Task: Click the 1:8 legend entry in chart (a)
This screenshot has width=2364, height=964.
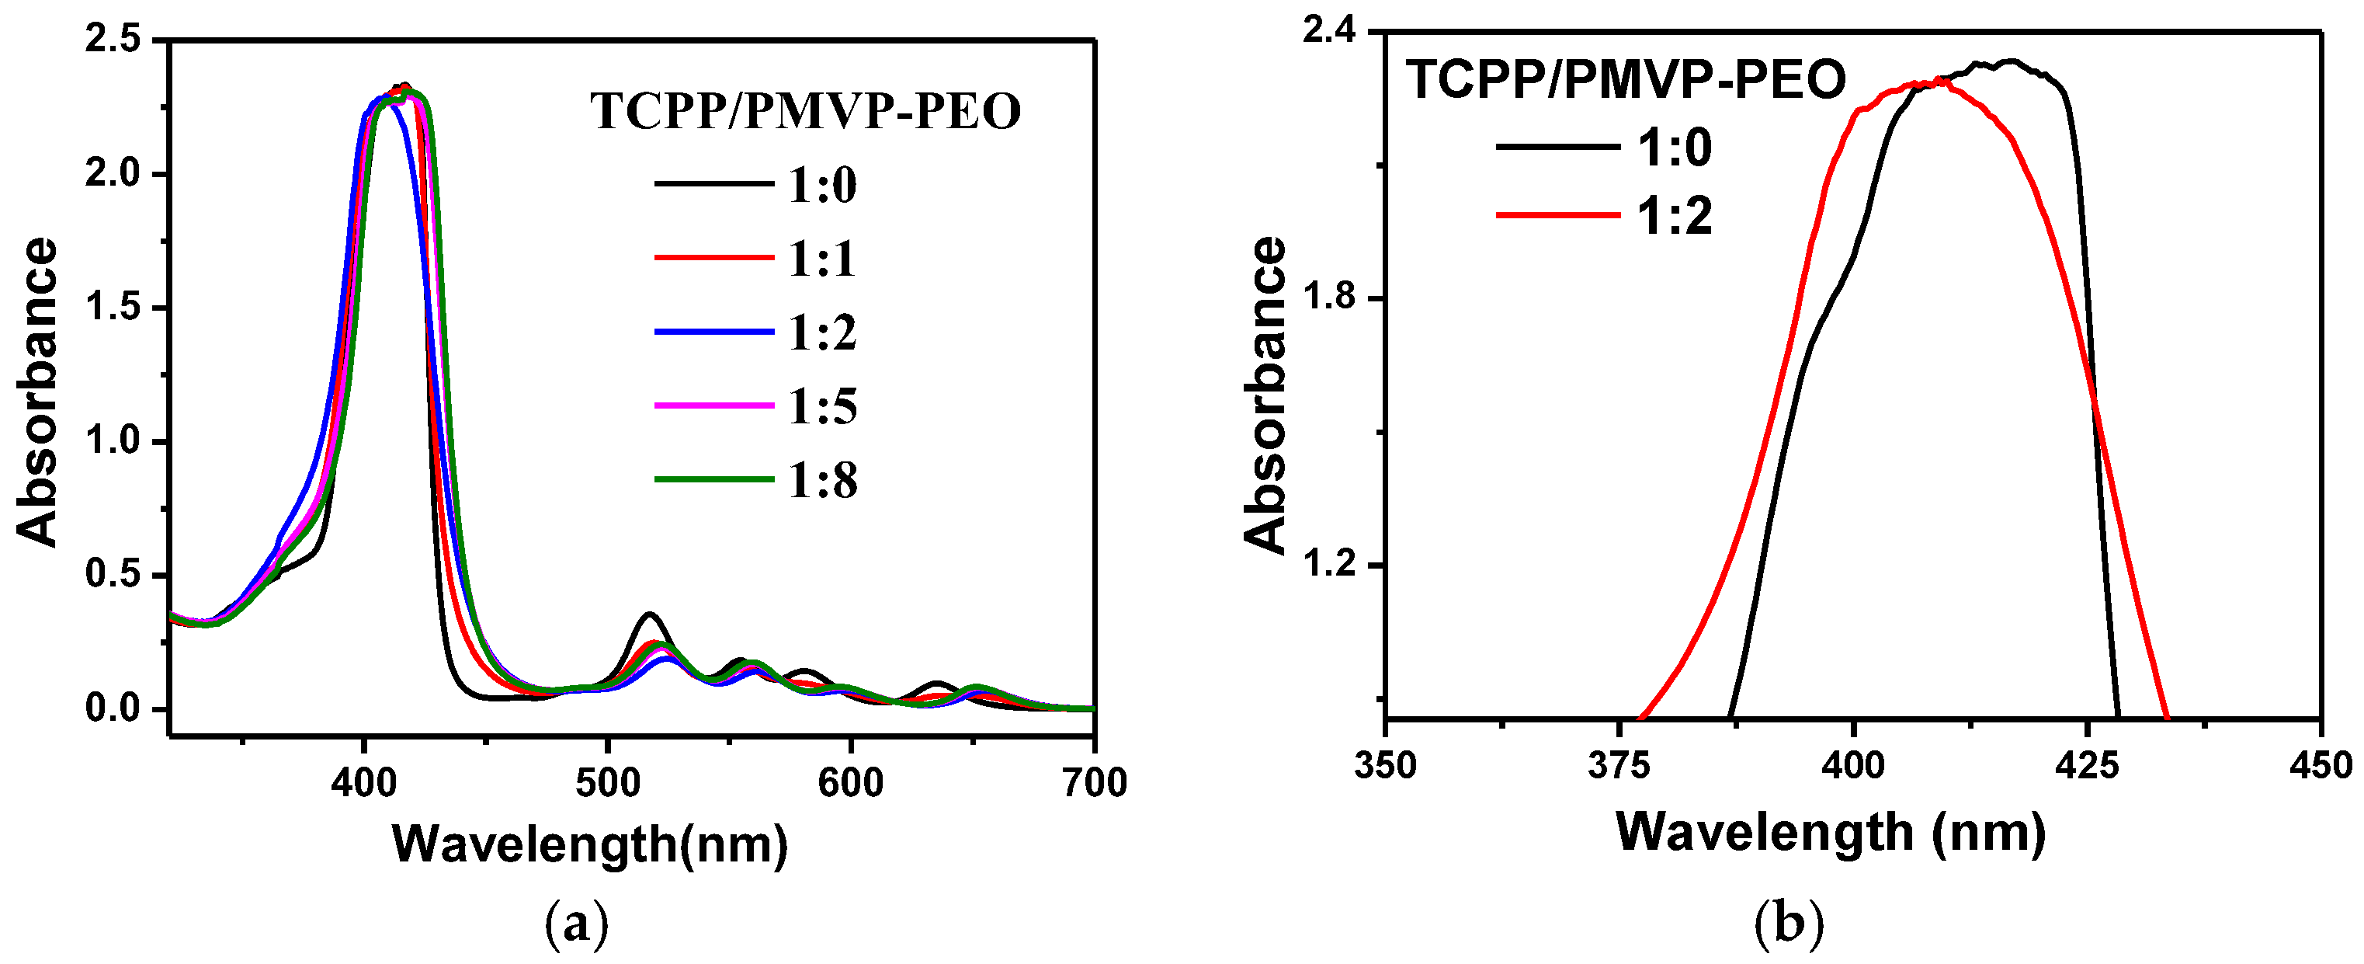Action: (822, 480)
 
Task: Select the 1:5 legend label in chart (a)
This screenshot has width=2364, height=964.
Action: (822, 407)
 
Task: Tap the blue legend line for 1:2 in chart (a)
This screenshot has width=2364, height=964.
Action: (714, 332)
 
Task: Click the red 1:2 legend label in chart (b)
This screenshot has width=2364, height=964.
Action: (1675, 218)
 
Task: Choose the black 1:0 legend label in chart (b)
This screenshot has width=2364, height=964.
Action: (1675, 147)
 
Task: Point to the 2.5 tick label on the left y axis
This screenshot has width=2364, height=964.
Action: (112, 40)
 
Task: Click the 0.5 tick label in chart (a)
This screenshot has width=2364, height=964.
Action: (112, 576)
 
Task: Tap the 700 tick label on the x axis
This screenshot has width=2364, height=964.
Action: (1094, 783)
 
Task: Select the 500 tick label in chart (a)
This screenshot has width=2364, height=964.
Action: (606, 783)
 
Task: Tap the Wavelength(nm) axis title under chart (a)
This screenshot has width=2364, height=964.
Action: (590, 844)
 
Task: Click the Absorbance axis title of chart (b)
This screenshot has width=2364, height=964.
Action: (1265, 395)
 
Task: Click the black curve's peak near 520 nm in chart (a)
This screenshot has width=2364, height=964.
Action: (650, 614)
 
